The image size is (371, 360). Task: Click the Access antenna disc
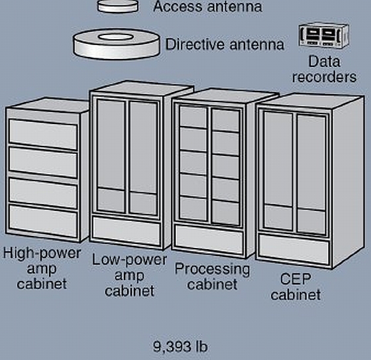118,6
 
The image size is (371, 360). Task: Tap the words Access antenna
208,7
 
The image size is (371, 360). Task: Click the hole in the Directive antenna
115,37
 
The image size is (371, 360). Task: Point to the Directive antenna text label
225,44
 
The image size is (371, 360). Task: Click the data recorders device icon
324,36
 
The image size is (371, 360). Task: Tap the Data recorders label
324,69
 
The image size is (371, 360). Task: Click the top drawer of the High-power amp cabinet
43,134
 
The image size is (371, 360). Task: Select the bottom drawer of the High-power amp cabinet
43,221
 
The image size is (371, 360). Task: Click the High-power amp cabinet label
42,268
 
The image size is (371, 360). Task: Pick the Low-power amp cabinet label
129,275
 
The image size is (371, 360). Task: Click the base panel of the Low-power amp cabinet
127,231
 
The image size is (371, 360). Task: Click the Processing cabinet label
212,276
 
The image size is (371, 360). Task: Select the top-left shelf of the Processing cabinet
193,117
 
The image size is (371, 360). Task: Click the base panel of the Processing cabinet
209,240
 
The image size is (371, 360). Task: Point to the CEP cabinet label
295,286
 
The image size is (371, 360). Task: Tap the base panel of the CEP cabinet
294,249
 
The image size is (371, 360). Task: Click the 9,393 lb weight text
180,347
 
